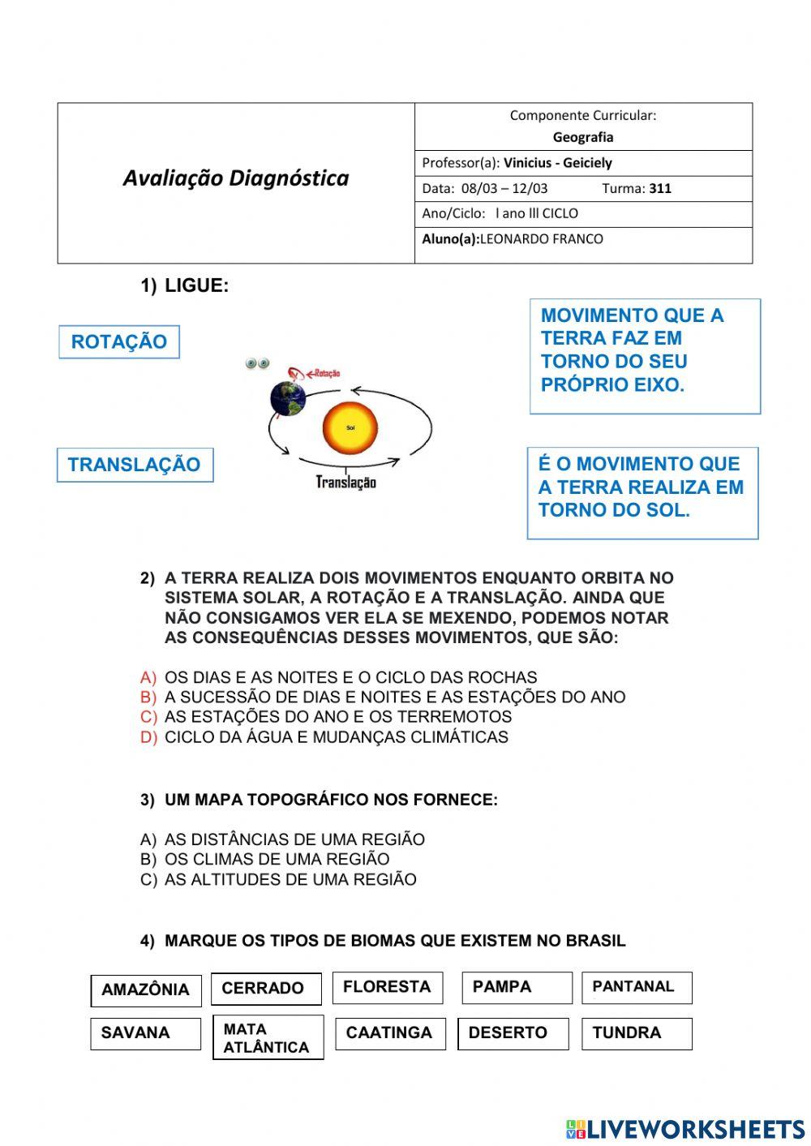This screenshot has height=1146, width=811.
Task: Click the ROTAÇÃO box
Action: click(x=118, y=341)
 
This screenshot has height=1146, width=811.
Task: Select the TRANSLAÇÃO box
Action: click(x=135, y=465)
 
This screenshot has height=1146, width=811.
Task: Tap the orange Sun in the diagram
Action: click(x=350, y=427)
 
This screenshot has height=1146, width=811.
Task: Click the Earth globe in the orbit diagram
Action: click(x=288, y=397)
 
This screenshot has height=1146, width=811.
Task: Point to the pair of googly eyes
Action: click(x=258, y=363)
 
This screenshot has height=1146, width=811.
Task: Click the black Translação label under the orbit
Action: click(x=346, y=483)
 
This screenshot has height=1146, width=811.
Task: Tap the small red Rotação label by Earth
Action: click(x=325, y=374)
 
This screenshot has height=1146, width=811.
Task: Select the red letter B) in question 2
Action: click(x=148, y=697)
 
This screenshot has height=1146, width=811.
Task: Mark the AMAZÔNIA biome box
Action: click(x=146, y=990)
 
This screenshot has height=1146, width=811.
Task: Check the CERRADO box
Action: click(x=266, y=989)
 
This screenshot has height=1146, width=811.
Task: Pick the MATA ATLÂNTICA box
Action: click(x=268, y=1038)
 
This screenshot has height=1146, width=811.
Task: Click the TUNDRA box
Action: click(x=637, y=1033)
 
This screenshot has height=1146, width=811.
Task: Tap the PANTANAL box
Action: click(x=637, y=987)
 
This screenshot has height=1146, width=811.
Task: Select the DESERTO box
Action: click(x=513, y=1033)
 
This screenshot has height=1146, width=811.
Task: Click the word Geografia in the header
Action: click(x=583, y=137)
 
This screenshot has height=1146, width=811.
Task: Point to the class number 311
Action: click(x=660, y=188)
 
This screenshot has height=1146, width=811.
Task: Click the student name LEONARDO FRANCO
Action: click(x=541, y=239)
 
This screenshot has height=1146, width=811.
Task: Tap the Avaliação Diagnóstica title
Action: click(x=236, y=178)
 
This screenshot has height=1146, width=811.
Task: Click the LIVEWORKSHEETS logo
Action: click(x=685, y=1128)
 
